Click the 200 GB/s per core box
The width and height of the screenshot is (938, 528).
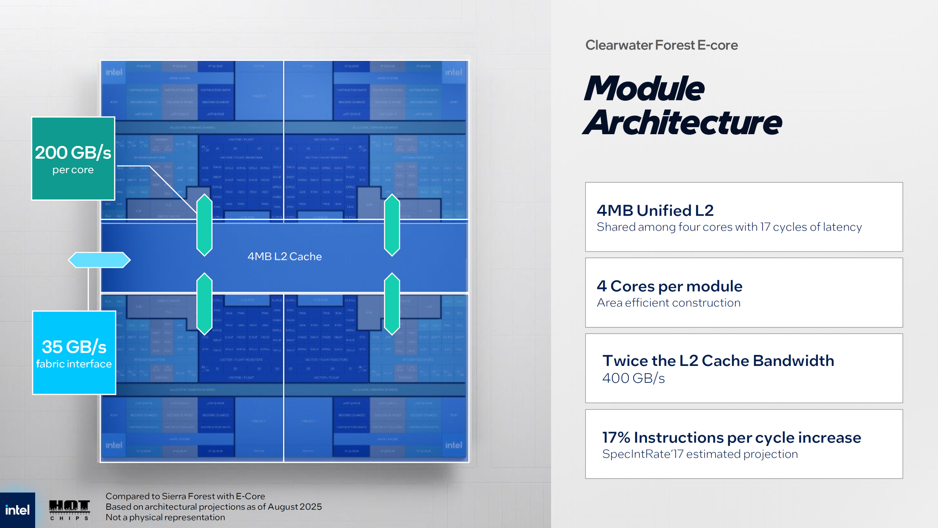point(73,158)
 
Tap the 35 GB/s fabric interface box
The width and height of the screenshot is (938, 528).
point(74,353)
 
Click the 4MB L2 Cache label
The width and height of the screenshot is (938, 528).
point(284,256)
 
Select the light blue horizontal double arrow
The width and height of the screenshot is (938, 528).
point(99,260)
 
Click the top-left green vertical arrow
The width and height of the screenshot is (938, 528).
point(204,225)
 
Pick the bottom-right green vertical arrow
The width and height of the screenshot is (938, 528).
point(392,304)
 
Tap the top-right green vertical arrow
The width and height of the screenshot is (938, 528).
point(392,225)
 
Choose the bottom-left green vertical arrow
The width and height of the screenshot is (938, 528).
point(204,304)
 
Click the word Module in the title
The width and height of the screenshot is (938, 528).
point(644,89)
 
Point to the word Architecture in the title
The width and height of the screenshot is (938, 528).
point(682,123)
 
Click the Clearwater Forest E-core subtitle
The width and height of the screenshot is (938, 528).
point(661,45)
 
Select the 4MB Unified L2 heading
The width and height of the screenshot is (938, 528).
point(655,210)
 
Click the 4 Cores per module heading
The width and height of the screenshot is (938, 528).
point(669,286)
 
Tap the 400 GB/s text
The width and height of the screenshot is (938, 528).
point(634,378)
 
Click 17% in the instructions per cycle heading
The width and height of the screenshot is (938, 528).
point(616,437)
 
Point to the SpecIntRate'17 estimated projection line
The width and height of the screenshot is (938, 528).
point(700,454)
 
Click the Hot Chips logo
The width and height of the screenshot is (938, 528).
point(69,510)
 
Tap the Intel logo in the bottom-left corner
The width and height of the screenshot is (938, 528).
point(17,510)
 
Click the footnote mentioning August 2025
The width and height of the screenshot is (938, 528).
point(214,507)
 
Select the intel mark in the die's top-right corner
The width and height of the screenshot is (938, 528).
point(454,72)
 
